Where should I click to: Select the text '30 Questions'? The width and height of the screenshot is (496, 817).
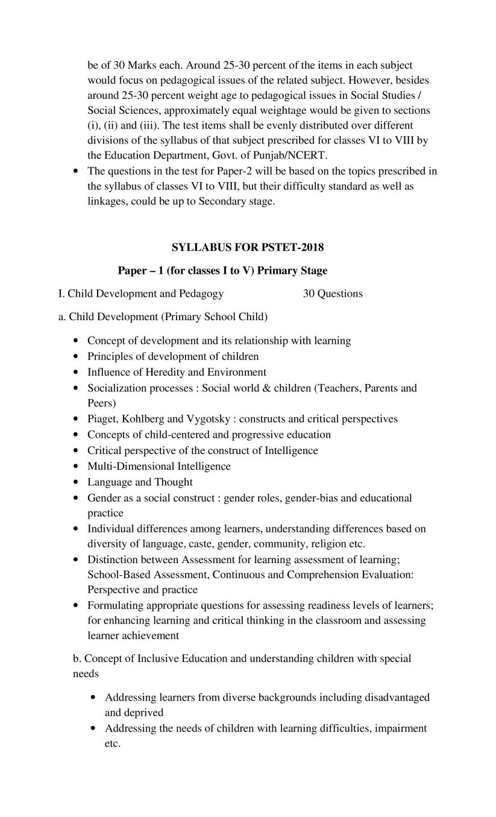point(333,294)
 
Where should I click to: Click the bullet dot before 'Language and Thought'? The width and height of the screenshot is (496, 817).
point(75,482)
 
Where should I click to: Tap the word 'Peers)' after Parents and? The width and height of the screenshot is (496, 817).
point(102,403)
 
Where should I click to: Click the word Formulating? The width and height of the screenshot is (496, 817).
point(116,605)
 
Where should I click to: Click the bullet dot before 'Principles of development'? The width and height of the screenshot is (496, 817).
point(75,356)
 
